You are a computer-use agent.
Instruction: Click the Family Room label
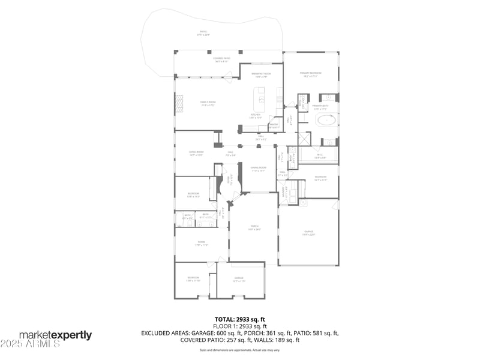click(x=208, y=103)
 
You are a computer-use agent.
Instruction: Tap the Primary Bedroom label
click(x=310, y=74)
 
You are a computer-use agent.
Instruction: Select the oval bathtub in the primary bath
click(x=326, y=120)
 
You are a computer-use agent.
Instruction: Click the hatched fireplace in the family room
click(x=178, y=106)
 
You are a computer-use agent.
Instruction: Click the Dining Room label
click(x=258, y=170)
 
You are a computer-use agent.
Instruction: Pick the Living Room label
click(x=196, y=153)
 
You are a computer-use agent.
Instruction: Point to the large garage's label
click(x=308, y=233)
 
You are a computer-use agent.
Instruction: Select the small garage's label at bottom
click(x=239, y=280)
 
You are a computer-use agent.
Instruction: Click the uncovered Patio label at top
click(x=203, y=33)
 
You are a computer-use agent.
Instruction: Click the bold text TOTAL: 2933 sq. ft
click(x=240, y=319)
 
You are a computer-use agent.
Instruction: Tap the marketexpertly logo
click(x=55, y=335)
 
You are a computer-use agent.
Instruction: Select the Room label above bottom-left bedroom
click(x=201, y=244)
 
